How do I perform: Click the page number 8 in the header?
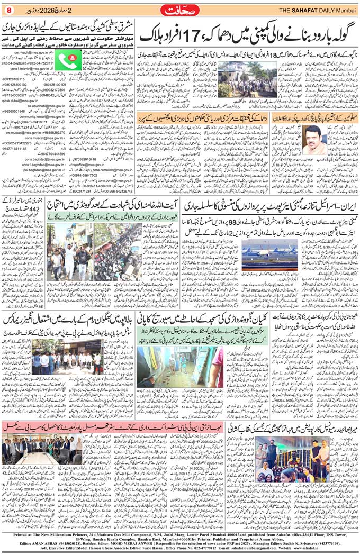tap(8, 8)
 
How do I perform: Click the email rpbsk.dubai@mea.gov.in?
tap(22, 100)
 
